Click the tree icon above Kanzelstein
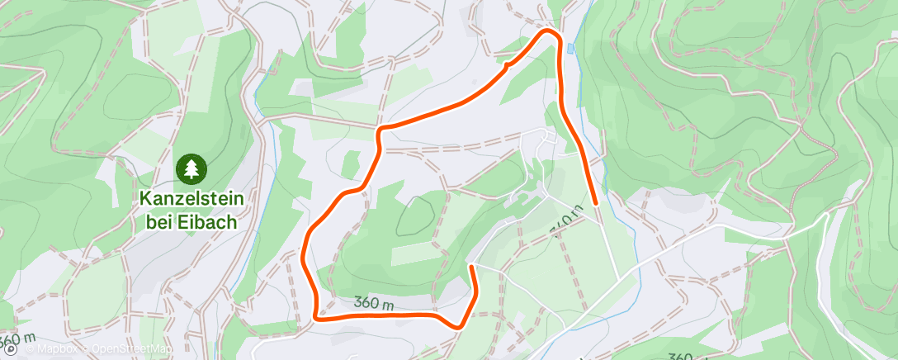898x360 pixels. [x=191, y=169]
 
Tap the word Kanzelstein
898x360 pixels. [x=191, y=201]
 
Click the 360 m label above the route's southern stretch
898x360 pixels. [x=373, y=303]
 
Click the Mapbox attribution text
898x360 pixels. [x=58, y=350]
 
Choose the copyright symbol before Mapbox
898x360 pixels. [x=30, y=350]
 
